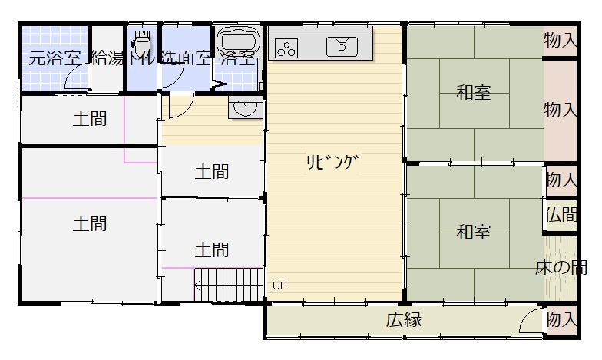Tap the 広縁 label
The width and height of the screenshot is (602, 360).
point(403,320)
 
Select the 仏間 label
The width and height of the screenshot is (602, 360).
point(561,214)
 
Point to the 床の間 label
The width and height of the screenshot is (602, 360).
point(561,268)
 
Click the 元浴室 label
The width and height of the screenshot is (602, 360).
point(55,58)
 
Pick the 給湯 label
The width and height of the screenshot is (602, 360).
point(107,58)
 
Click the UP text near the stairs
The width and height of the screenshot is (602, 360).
point(279,286)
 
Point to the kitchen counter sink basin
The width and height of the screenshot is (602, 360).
point(341,47)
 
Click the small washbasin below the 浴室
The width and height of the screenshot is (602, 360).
point(245,111)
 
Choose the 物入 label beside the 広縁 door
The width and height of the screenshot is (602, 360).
point(561,319)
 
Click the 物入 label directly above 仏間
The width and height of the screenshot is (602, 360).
point(561,180)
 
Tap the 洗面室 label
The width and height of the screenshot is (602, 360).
point(184,58)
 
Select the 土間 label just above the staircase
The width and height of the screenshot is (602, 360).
point(211,249)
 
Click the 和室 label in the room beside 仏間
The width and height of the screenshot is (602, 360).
point(473,232)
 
